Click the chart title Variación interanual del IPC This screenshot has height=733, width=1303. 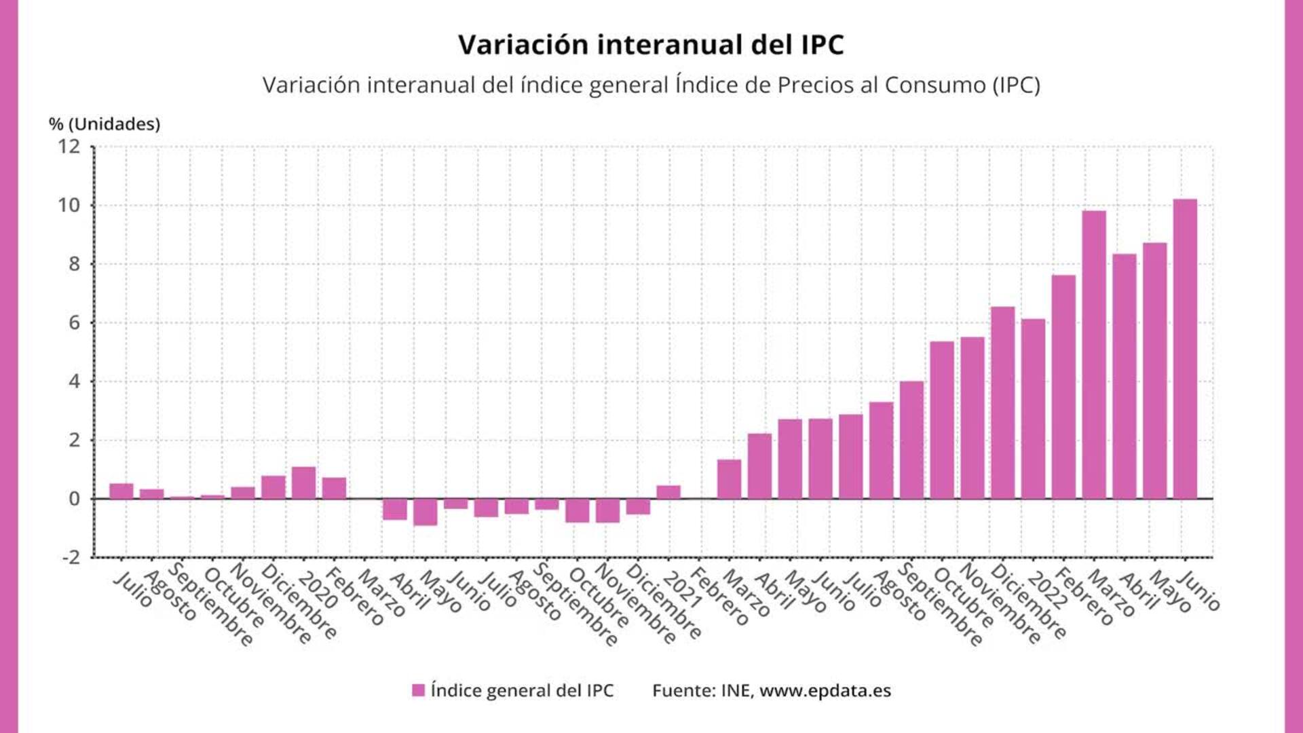coord(650,45)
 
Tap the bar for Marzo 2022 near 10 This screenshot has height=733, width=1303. coord(1094,354)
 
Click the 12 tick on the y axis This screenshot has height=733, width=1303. coord(69,147)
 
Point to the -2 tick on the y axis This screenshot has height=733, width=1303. coord(71,558)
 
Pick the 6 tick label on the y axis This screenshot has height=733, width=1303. coord(74,323)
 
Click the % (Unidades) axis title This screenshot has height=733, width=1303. coord(105,124)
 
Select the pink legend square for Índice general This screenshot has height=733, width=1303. coord(419,690)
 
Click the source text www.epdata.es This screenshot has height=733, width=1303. coord(825,691)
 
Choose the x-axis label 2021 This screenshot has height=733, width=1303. coord(682,589)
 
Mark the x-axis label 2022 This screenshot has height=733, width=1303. coord(1046,589)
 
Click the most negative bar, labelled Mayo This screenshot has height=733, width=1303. coord(426,512)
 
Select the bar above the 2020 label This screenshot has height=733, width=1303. coord(304,483)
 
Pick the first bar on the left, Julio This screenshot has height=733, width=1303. coord(121,491)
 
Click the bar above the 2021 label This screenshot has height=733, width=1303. coord(668,492)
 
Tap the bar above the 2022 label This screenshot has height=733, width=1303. coord(1033,409)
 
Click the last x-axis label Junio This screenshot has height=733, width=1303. coord(1198,590)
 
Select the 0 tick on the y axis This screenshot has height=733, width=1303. coord(74,499)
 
